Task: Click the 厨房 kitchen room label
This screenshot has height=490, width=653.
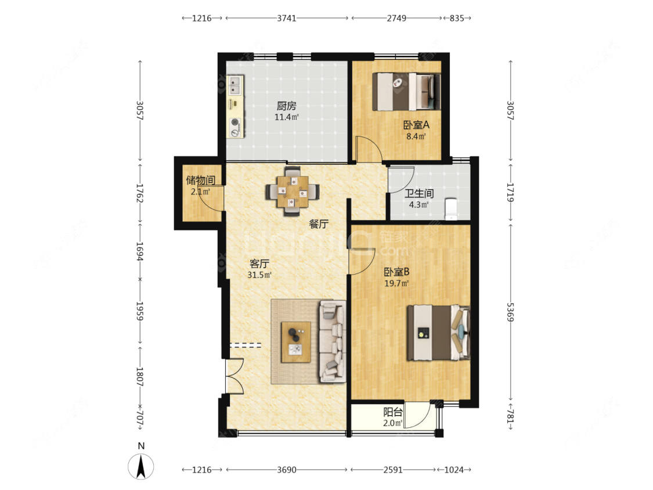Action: coord(287,106)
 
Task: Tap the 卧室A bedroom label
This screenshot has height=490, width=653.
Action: coord(416,125)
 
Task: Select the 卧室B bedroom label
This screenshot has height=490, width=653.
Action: coord(396,272)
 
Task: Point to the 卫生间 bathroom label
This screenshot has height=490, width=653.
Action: coord(419,193)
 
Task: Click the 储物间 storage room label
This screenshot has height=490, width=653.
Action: coord(200,181)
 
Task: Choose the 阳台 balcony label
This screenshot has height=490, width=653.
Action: coord(393,412)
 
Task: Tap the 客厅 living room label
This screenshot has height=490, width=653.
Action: coord(259,264)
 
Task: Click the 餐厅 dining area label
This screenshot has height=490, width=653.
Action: coord(319,224)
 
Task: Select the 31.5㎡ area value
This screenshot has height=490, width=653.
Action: coord(259,275)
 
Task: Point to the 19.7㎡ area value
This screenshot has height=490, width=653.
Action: coord(396,284)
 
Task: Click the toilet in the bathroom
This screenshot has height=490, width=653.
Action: coord(451,209)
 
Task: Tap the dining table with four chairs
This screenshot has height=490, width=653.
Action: coord(293,192)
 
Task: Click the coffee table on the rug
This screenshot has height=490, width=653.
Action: coord(295,342)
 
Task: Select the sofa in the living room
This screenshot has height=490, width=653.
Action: coord(333,341)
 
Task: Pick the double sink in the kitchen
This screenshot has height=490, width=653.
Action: coord(235,85)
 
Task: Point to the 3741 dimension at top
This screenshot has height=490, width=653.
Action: coord(287,18)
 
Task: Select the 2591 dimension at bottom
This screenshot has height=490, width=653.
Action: coord(393,470)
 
